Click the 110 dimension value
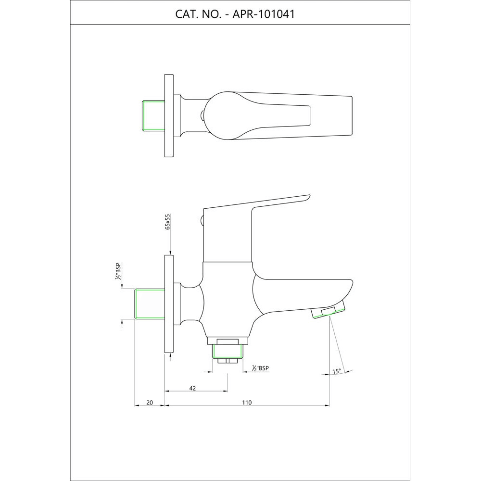pos(247,403)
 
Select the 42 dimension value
pos(192,388)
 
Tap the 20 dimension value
pos(149,403)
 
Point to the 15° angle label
pos(336,371)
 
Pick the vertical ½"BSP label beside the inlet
pos(117,271)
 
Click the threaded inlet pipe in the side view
pos(150,304)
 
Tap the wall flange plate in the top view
pos(169,115)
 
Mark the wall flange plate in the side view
pos(169,304)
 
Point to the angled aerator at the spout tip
pos(329,311)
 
